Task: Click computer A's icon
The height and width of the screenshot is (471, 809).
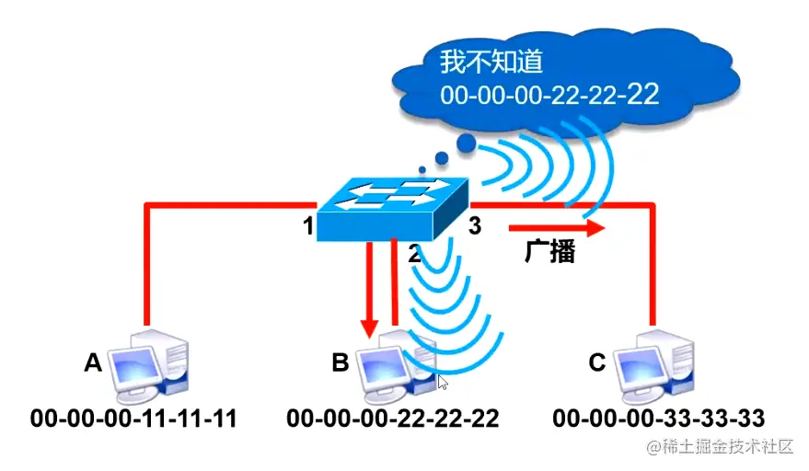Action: click(148, 363)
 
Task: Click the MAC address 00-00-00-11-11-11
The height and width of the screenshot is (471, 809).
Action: click(133, 419)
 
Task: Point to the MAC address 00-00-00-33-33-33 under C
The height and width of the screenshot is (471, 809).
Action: click(659, 419)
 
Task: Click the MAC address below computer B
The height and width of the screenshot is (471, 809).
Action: click(392, 419)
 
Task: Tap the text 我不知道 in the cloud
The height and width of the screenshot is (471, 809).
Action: click(492, 63)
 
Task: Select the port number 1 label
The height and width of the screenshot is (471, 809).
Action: click(308, 226)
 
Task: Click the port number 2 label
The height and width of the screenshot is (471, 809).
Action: click(414, 255)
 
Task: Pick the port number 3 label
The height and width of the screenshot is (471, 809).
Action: click(475, 226)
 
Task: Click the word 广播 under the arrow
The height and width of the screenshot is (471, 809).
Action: click(549, 253)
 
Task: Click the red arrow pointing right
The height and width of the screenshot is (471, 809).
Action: click(556, 226)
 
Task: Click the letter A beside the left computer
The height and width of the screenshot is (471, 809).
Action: click(92, 363)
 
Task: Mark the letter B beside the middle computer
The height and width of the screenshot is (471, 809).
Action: click(341, 363)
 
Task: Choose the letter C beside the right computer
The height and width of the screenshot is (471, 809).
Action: click(596, 363)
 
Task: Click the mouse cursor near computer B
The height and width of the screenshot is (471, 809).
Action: click(443, 383)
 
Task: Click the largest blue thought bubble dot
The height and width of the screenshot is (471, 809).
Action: click(467, 143)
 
